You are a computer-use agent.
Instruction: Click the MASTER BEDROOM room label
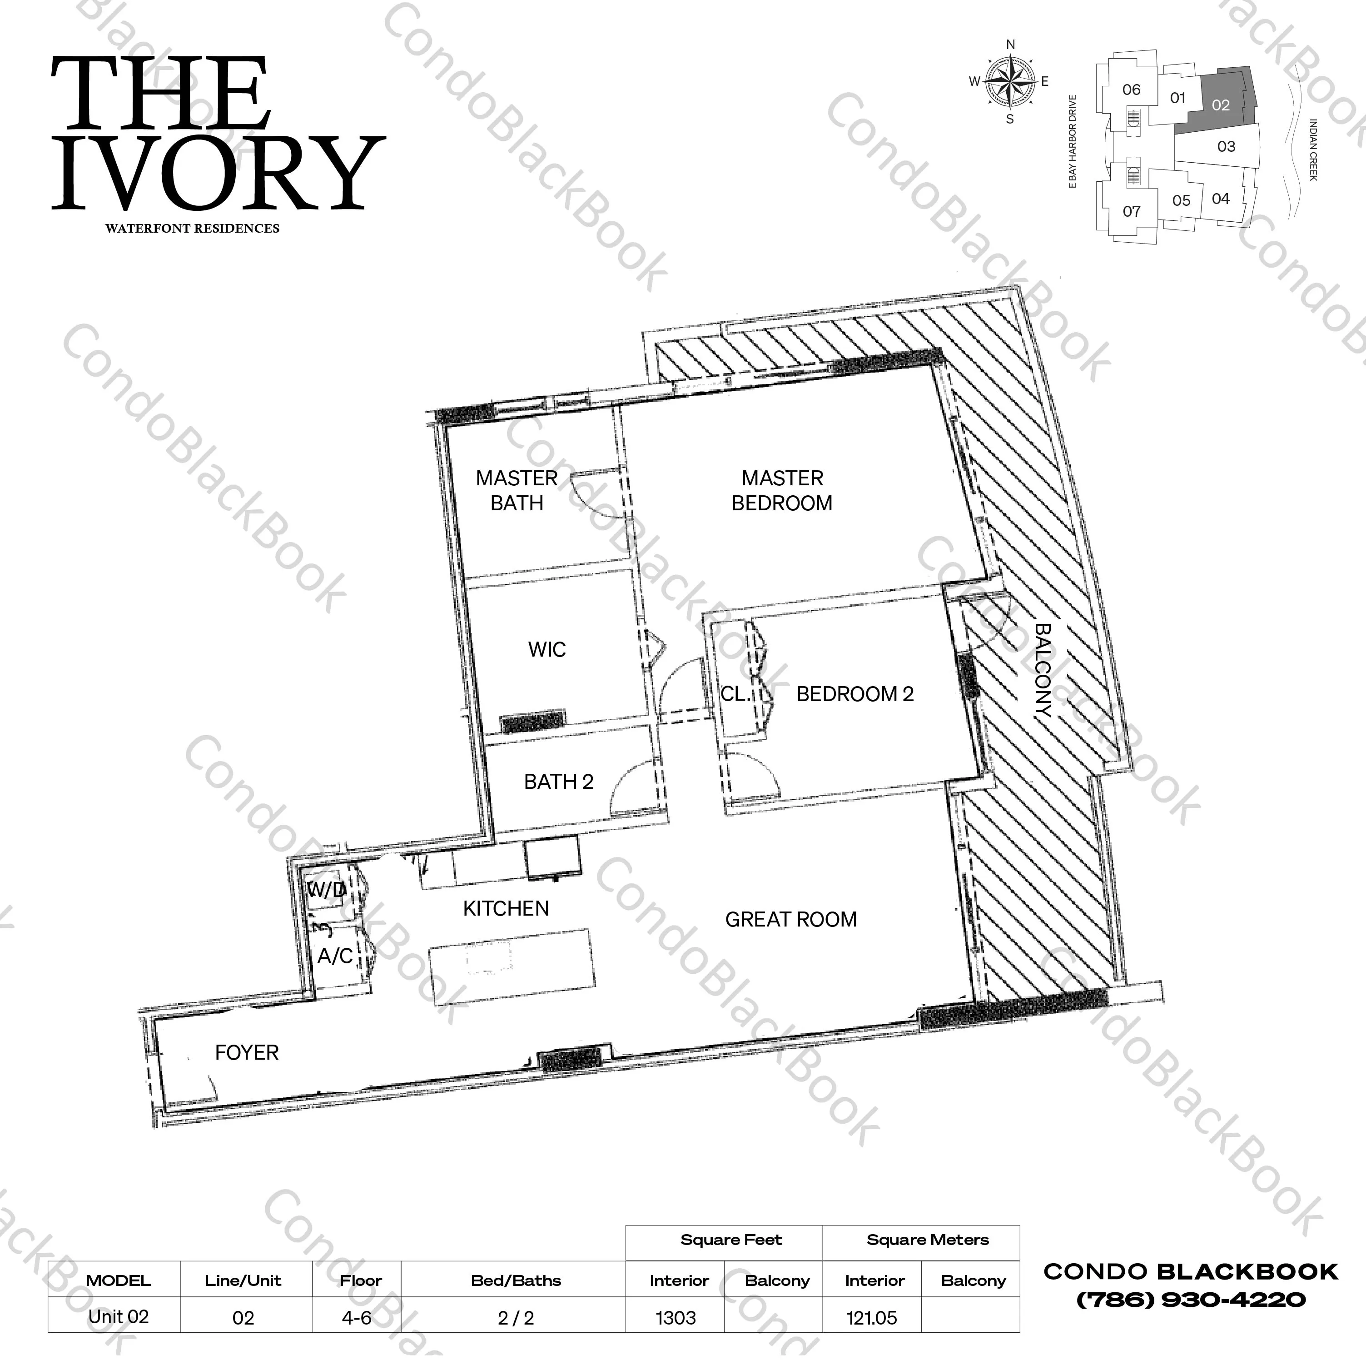[782, 490]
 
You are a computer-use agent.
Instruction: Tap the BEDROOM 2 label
[855, 694]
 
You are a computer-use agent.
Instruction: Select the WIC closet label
[546, 649]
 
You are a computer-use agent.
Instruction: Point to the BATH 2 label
[559, 782]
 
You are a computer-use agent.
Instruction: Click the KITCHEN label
[506, 908]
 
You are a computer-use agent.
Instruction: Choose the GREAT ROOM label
[790, 919]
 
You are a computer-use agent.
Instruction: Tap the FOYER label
[247, 1052]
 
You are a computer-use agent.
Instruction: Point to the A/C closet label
[334, 956]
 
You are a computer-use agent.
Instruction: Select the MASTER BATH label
[517, 490]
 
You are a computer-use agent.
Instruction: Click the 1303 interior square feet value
[676, 1318]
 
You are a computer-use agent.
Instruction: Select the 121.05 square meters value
[871, 1318]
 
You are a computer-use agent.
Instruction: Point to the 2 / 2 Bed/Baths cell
[516, 1318]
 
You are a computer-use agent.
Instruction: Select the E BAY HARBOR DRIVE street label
[1073, 141]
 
